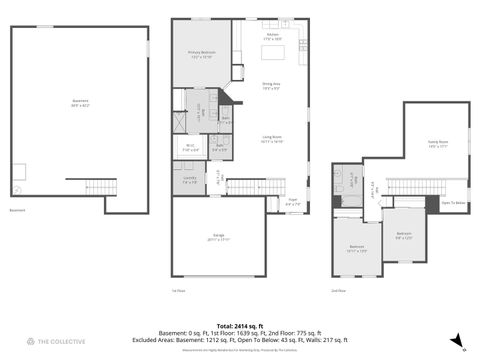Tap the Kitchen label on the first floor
[x=272, y=36]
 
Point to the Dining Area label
[x=271, y=85]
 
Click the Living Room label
[x=272, y=141]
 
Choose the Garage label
[x=218, y=236]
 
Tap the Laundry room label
[x=189, y=181]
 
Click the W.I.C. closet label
[x=189, y=147]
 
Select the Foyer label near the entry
[x=293, y=199]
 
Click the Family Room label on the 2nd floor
[x=437, y=144]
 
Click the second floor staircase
[x=411, y=186]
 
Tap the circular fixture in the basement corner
[x=18, y=188]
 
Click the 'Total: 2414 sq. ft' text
[x=240, y=326]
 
